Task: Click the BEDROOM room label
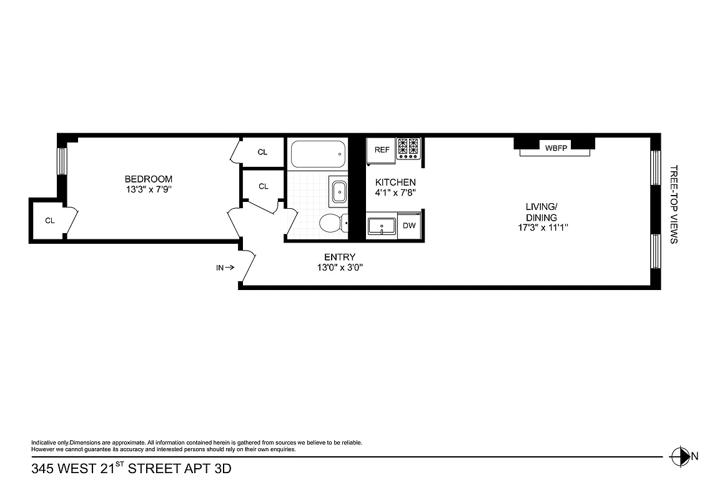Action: [x=148, y=179]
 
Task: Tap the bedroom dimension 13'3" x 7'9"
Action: [x=148, y=189]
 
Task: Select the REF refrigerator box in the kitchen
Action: [x=382, y=150]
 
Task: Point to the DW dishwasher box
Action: [x=409, y=226]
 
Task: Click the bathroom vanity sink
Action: [x=339, y=191]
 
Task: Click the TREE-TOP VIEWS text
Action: [x=673, y=204]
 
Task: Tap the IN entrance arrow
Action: [x=225, y=267]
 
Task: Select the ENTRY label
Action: [x=340, y=257]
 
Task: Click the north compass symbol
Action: [x=679, y=456]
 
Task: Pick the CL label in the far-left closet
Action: [x=49, y=221]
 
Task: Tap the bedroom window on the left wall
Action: [x=62, y=161]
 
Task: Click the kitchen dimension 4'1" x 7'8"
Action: [x=395, y=192]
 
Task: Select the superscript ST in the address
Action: [x=120, y=463]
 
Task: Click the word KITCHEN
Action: [x=395, y=182]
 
